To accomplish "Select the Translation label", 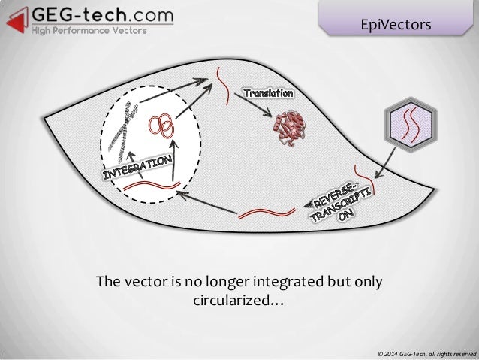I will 267,92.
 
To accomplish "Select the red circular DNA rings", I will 162,125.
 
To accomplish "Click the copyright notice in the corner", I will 427,352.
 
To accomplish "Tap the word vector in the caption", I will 143,283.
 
